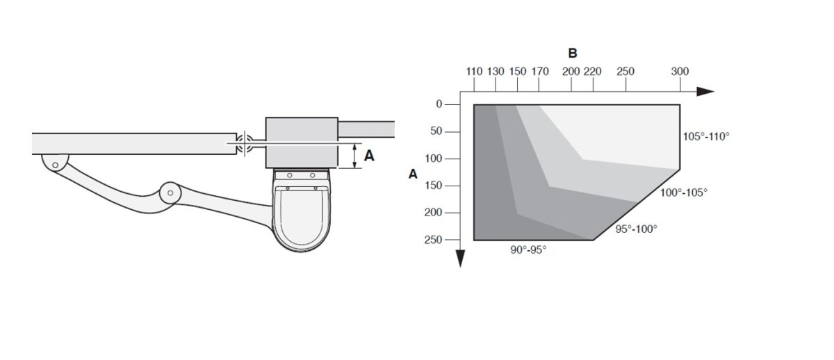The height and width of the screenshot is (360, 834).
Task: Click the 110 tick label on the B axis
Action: click(x=474, y=72)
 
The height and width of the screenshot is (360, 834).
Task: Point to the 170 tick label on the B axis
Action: click(x=540, y=72)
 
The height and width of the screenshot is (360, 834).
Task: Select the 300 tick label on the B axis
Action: click(x=680, y=72)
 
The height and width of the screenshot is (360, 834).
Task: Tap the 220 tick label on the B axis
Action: click(x=592, y=72)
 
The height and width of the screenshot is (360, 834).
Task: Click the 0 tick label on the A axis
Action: click(x=439, y=104)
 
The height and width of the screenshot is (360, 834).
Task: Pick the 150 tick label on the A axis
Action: click(x=434, y=186)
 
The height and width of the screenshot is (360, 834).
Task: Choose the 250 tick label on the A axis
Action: click(x=434, y=240)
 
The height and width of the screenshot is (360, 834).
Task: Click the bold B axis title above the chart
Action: click(x=573, y=54)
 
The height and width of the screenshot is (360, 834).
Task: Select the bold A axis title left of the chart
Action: click(x=413, y=174)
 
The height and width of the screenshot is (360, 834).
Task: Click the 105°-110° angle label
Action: click(x=706, y=137)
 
